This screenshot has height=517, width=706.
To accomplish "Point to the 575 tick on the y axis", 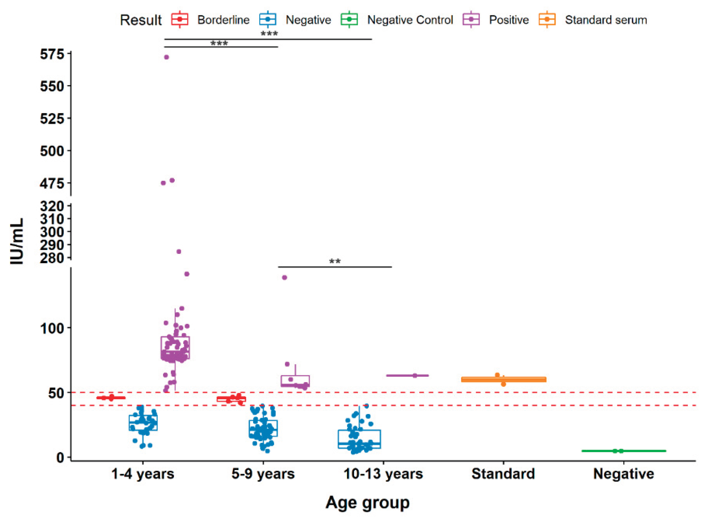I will tap(52, 54).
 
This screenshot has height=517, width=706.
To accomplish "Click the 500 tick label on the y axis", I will tap(52, 151).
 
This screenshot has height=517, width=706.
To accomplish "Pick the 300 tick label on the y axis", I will tap(52, 232).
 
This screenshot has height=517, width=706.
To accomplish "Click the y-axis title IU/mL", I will tap(17, 241).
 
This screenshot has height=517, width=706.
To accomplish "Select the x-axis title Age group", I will tap(367, 502).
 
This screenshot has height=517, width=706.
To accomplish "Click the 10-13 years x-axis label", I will tap(383, 474).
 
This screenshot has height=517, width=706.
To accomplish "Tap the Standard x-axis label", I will tap(503, 474).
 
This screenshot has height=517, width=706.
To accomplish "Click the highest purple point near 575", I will tap(166, 57).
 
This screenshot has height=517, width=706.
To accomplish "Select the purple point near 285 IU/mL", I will tap(179, 252).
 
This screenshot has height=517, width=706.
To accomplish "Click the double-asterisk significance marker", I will tap(335, 261).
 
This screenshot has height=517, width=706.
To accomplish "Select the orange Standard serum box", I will tap(503, 379).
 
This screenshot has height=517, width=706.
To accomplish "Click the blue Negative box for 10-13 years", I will tap(359, 439).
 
